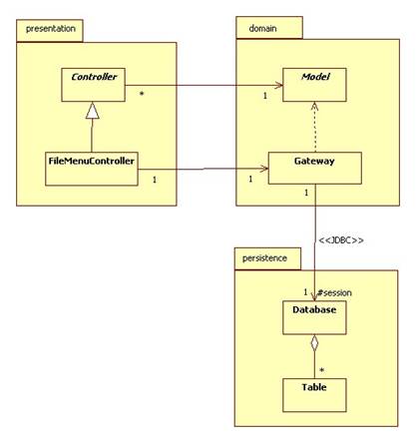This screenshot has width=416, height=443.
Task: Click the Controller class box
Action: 93,85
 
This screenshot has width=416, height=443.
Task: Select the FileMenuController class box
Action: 92,169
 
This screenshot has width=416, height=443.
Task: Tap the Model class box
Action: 314,85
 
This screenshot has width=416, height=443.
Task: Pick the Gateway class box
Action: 315,168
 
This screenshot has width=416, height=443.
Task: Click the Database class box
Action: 314,317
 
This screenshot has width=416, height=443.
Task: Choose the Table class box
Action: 314,395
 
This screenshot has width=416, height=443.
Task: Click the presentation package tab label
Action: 51,29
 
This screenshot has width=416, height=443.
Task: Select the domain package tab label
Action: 262,29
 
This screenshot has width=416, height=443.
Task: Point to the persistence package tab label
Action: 264,258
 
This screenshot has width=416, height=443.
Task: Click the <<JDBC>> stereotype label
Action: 341,240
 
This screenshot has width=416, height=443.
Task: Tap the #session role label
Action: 334,293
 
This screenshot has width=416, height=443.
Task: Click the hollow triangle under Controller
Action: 93,111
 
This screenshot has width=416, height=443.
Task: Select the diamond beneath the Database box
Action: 314,343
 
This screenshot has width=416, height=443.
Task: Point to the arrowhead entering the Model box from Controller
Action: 279,86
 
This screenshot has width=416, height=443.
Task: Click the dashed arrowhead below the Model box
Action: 314,107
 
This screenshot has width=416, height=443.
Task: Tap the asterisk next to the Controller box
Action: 142,95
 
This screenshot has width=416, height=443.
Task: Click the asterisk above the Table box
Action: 322,370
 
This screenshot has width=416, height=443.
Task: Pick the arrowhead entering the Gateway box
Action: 264,169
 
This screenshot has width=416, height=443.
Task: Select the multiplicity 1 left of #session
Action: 305,292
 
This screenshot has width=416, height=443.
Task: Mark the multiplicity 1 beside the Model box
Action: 265,96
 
